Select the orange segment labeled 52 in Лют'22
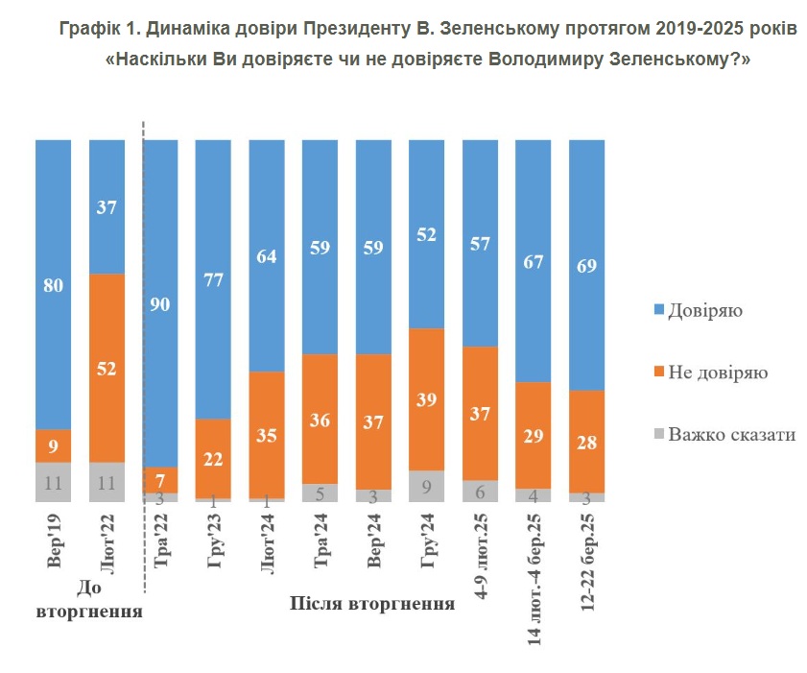coord(107,368)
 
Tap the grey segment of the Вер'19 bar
coord(53,482)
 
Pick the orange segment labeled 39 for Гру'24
coord(426,399)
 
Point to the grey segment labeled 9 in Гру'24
coord(426,486)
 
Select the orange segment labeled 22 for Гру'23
coord(213,458)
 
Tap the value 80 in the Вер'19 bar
coord(53,284)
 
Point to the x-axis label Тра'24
coord(320,541)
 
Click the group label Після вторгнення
coord(371,605)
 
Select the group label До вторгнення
coord(89,599)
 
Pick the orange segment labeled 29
coord(533,435)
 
